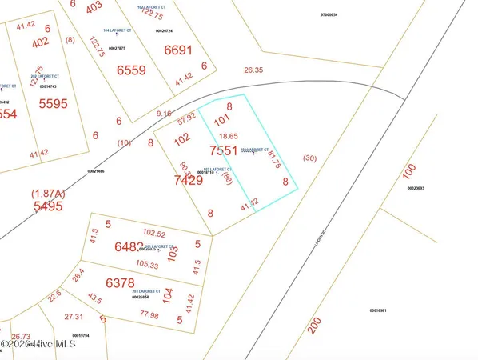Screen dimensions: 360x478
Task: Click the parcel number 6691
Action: point(178,50)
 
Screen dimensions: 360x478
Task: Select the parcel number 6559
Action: point(131,70)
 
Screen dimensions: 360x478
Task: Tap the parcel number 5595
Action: point(54,103)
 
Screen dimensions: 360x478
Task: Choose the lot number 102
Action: point(182,138)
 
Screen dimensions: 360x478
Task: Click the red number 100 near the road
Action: point(409,172)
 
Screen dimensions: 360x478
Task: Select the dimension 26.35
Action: point(253,70)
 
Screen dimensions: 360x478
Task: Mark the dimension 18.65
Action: point(229,137)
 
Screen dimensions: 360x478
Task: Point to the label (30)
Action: point(310,158)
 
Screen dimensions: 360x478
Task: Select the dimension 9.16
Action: point(165,114)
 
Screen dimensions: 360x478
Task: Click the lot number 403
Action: point(94,6)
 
